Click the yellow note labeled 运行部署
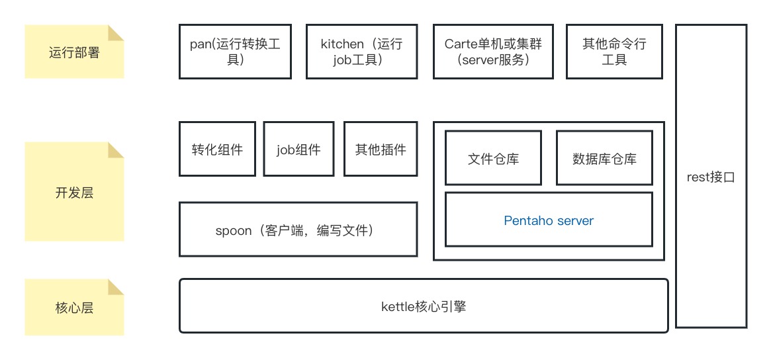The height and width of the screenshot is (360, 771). [x=74, y=52]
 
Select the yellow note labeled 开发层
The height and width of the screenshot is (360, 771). [x=74, y=193]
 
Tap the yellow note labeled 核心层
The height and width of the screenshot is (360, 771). [x=74, y=307]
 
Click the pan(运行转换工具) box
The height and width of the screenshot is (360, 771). [x=235, y=52]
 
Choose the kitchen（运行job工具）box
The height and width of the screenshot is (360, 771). [x=361, y=52]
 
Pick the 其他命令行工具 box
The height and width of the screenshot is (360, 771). [x=614, y=52]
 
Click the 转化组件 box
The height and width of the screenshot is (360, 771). [x=217, y=150]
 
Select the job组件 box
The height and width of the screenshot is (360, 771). [x=298, y=150]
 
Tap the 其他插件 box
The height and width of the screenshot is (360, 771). [x=381, y=150]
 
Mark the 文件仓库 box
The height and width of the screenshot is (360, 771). [x=493, y=159]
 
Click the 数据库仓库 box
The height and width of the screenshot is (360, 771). [x=604, y=159]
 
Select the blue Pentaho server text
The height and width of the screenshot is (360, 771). [x=549, y=220]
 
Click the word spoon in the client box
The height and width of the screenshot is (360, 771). [x=234, y=230]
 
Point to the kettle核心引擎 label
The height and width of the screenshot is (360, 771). [x=424, y=306]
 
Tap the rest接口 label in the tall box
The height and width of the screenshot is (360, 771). [x=711, y=177]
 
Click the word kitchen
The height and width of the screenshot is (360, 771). [x=342, y=44]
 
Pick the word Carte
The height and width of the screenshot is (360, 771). [x=463, y=44]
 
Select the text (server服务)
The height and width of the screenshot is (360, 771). [x=493, y=60]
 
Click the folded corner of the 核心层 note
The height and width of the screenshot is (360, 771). [x=116, y=287]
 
